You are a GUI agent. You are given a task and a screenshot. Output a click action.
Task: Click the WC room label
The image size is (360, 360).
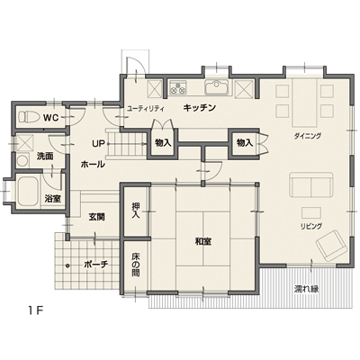[x=50, y=118]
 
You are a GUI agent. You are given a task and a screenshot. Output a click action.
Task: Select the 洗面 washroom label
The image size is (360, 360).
[x=45, y=157]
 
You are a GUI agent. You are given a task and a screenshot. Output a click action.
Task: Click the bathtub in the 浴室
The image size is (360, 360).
[x=28, y=191]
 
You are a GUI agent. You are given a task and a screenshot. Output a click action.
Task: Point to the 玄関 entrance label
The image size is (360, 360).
[x=97, y=217]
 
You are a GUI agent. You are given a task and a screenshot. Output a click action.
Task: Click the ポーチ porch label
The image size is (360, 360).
[x=96, y=265]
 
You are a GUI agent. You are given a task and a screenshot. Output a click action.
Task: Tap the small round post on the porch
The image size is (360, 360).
[x=67, y=265]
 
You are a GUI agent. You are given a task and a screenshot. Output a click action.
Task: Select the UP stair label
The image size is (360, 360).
[x=98, y=144]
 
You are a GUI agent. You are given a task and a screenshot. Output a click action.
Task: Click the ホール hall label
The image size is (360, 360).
[x=93, y=164]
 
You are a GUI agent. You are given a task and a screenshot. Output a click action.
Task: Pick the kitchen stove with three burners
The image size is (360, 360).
[x=178, y=86]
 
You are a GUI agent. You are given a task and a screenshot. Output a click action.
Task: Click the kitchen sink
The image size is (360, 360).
[x=217, y=87]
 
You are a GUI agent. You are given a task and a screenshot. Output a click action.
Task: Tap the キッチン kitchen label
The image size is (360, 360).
[x=200, y=107]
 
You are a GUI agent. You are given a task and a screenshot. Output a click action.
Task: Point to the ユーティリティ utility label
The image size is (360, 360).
[x=146, y=108]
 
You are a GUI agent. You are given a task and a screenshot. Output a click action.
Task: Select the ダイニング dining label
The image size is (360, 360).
[x=308, y=136]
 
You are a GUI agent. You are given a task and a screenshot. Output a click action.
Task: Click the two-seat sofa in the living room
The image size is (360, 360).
[x=311, y=184]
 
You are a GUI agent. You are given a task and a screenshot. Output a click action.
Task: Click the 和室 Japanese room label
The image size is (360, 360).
[x=203, y=241]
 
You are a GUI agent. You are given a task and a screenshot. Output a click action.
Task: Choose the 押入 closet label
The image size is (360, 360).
[x=136, y=211]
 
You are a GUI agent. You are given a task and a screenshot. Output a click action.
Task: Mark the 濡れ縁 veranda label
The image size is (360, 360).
[x=306, y=289]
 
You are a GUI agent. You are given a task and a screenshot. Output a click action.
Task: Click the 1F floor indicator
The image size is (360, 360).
[x=36, y=310]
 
